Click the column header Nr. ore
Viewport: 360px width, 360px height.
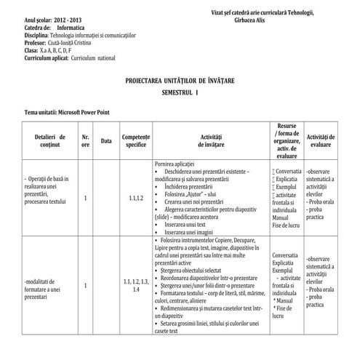point(86,140)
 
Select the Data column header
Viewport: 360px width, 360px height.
point(106,140)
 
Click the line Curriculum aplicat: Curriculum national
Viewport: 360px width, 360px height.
point(65,56)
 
